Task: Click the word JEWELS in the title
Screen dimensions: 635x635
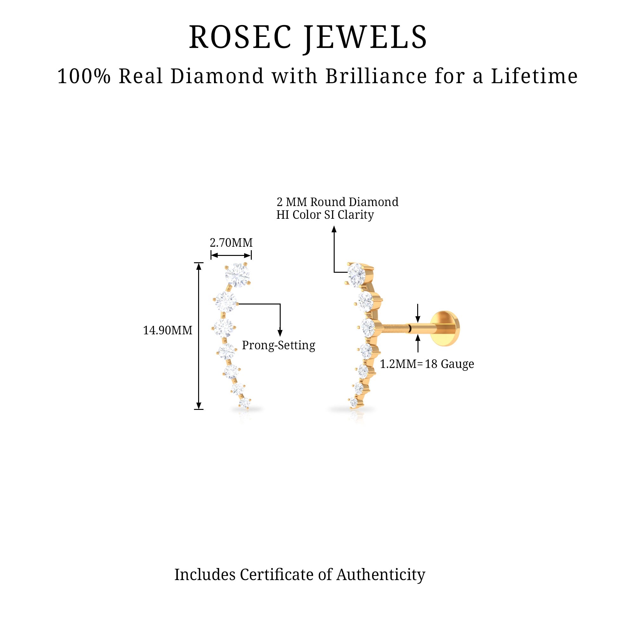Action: tap(365, 38)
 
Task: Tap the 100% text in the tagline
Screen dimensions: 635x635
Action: tap(84, 76)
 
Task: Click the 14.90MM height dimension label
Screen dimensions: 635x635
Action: tap(168, 330)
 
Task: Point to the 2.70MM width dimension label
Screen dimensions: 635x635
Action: tap(231, 243)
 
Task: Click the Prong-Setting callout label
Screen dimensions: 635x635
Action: tap(278, 345)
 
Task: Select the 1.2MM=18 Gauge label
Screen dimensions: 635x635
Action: tap(427, 364)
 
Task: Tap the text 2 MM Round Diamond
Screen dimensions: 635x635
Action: tap(337, 202)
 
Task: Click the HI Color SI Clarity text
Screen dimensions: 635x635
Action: tap(325, 215)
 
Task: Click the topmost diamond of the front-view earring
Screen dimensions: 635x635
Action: tap(237, 275)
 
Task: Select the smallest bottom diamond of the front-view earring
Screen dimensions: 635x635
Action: tap(244, 403)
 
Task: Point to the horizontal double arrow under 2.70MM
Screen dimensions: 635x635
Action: tap(231, 255)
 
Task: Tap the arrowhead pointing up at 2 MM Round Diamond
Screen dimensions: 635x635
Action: tap(334, 230)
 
